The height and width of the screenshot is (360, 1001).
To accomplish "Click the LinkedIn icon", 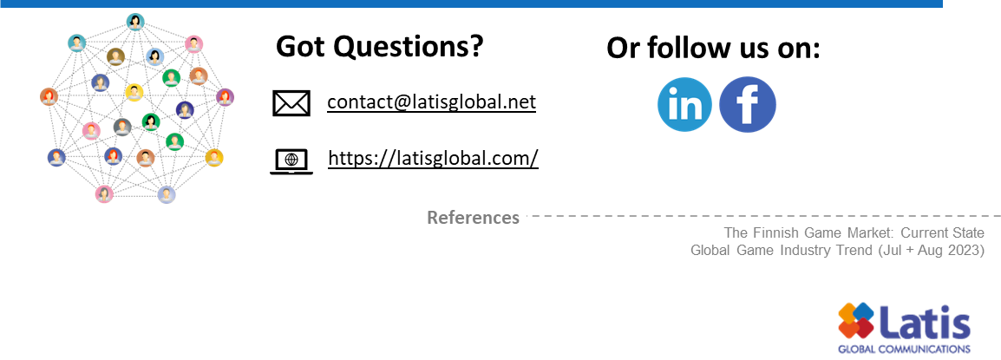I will [684, 105].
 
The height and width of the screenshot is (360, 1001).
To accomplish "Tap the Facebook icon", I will [748, 105].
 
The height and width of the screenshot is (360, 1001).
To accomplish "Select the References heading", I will [473, 218].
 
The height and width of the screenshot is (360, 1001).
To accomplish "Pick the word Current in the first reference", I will [925, 233].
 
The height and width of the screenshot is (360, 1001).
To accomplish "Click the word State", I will [968, 233].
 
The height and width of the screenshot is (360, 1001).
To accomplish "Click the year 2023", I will [965, 251].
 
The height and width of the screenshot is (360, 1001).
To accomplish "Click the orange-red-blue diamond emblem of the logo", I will [855, 320].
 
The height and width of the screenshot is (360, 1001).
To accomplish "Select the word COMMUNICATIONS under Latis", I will [929, 349].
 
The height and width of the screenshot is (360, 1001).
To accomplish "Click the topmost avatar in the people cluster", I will [134, 22].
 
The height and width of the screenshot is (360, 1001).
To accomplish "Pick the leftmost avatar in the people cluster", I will [49, 96].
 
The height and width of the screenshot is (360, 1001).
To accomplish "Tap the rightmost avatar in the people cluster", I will [225, 97].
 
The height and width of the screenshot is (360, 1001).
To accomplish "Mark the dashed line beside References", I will [763, 216].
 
